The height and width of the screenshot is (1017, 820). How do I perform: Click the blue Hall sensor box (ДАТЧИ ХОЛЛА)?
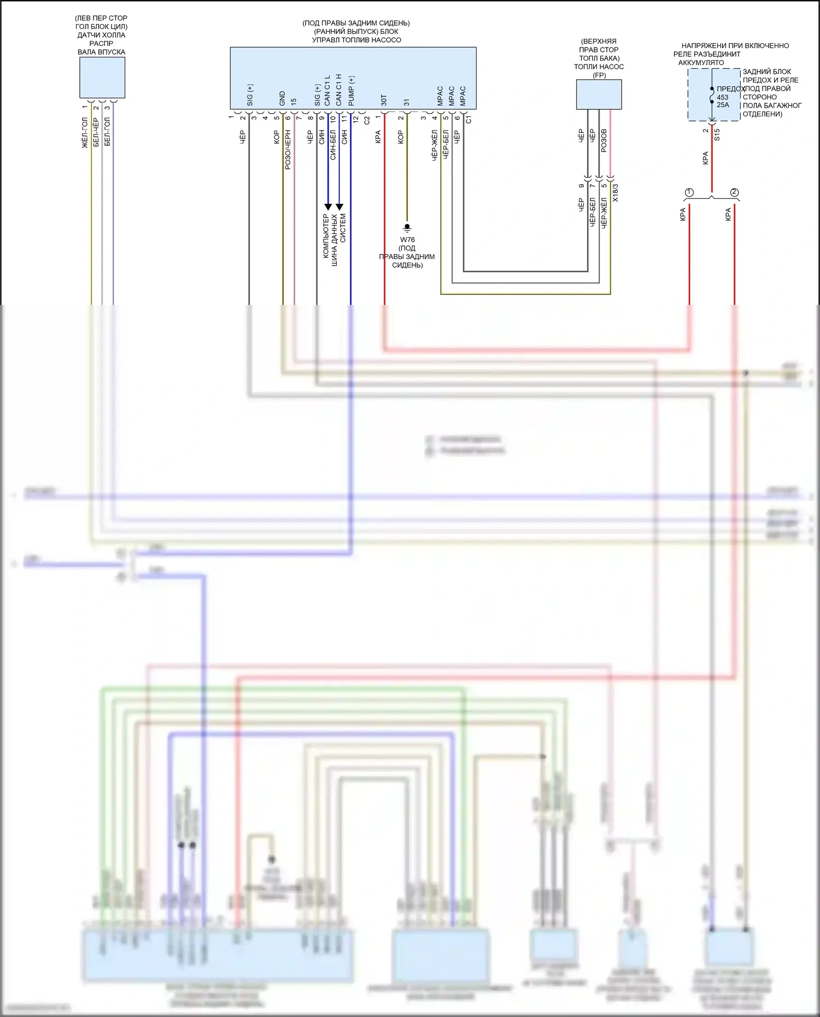pyautogui.click(x=102, y=78)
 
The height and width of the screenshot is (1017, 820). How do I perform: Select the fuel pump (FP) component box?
pyautogui.click(x=599, y=95)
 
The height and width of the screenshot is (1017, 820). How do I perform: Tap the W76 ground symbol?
pyautogui.click(x=407, y=227)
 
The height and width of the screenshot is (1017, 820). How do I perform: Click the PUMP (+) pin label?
pyautogui.click(x=351, y=91)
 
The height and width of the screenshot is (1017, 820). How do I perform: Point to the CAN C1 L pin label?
pyautogui.click(x=327, y=91)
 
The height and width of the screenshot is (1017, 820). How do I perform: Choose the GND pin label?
pyautogui.click(x=282, y=98)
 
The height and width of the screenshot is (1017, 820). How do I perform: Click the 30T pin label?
pyautogui.click(x=384, y=100)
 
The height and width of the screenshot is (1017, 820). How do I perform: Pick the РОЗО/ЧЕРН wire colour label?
pyautogui.click(x=288, y=150)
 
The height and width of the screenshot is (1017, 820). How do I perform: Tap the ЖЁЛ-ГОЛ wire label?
pyautogui.click(x=85, y=133)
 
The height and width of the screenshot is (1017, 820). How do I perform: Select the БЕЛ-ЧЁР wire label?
pyautogui.click(x=96, y=132)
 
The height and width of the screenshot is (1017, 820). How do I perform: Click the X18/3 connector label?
pyautogui.click(x=616, y=193)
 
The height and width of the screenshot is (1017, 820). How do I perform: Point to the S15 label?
pyautogui.click(x=717, y=134)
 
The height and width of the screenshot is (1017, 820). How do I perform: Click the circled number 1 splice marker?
pyautogui.click(x=689, y=192)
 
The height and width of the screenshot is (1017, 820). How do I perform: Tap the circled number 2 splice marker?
pyautogui.click(x=734, y=192)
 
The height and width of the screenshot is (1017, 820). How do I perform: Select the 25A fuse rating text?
pyautogui.click(x=723, y=105)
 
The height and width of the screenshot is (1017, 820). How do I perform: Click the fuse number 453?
pyautogui.click(x=723, y=97)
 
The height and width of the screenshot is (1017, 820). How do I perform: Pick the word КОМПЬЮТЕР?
pyautogui.click(x=326, y=236)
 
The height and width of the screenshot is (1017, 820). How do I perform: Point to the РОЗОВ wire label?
pyautogui.click(x=604, y=140)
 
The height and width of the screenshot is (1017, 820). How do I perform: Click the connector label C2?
pyautogui.click(x=367, y=120)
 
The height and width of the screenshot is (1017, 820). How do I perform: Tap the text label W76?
pyautogui.click(x=407, y=240)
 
